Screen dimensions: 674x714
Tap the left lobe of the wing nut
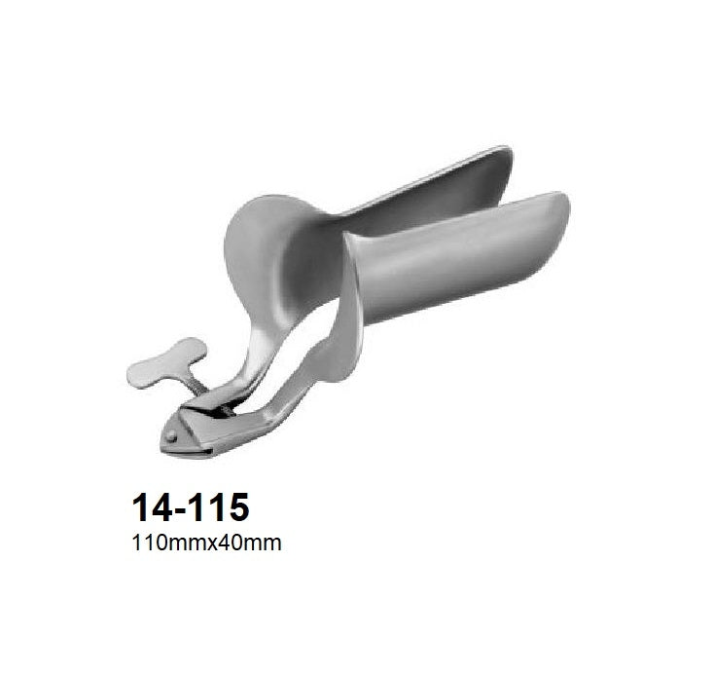click(x=140, y=372)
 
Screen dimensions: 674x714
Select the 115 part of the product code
click(x=215, y=508)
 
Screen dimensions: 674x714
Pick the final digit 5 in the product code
click(x=236, y=508)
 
